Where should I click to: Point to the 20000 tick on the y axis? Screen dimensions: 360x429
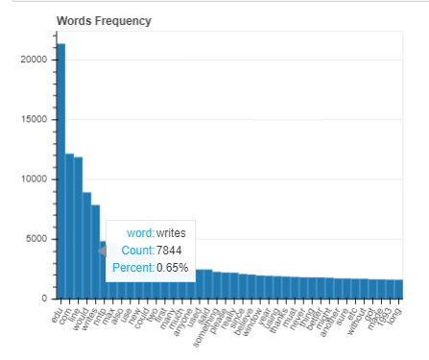point(36,59)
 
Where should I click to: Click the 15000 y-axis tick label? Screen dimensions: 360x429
point(36,119)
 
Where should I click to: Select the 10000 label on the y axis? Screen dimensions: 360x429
point(36,180)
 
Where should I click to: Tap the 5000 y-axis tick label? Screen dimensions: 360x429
point(38,239)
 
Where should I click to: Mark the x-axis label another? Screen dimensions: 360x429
point(328,316)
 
